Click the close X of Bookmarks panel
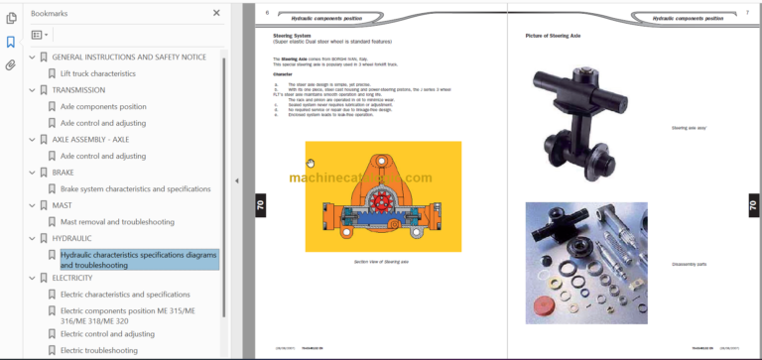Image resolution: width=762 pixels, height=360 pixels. pyautogui.click(x=216, y=13)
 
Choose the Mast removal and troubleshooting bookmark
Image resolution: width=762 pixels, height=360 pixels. pyautogui.click(x=117, y=221)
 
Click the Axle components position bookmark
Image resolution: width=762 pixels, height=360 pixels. pyautogui.click(x=103, y=106)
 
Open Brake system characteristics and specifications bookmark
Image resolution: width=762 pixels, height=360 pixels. pyautogui.click(x=135, y=188)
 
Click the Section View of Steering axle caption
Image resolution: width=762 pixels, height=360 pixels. pyautogui.click(x=367, y=261)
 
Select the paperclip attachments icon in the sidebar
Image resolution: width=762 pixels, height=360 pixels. pyautogui.click(x=11, y=65)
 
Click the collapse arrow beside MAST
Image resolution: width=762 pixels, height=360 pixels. pyautogui.click(x=31, y=205)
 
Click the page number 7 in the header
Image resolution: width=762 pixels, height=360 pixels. pyautogui.click(x=747, y=12)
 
